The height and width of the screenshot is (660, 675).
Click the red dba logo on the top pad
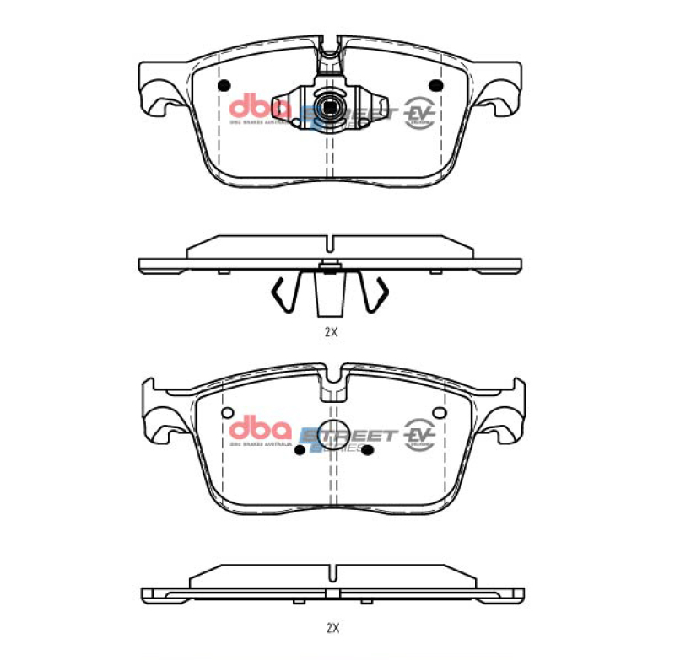click(261, 106)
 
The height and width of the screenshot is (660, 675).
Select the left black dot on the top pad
click(224, 85)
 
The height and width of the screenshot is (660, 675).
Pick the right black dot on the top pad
click(436, 85)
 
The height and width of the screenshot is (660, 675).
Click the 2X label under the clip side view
click(331, 332)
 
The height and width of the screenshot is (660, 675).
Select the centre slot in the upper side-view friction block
click(330, 244)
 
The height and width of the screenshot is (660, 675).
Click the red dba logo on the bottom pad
click(261, 428)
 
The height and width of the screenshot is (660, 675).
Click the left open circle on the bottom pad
click(225, 412)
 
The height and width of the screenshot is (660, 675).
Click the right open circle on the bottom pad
click(437, 412)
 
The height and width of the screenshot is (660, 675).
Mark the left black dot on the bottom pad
click(298, 449)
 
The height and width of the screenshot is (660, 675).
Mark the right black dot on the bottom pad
click(369, 449)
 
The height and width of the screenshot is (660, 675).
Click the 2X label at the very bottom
click(332, 627)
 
